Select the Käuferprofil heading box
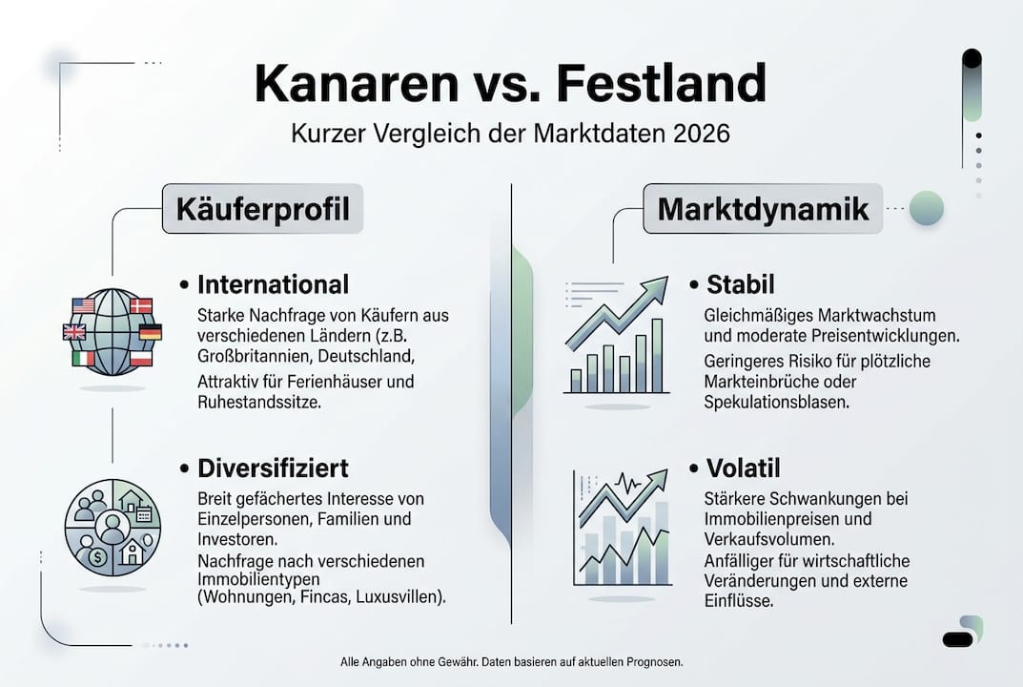pyautogui.click(x=262, y=209)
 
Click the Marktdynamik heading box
pyautogui.click(x=763, y=209)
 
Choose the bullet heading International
pyautogui.click(x=273, y=284)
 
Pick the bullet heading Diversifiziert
pyautogui.click(x=273, y=468)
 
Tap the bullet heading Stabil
pyautogui.click(x=740, y=284)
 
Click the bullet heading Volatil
pyautogui.click(x=743, y=468)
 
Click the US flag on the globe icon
pyautogui.click(x=84, y=305)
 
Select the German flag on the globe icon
pyautogui.click(x=150, y=332)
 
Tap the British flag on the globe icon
pyautogui.click(x=74, y=332)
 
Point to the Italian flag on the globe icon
pyautogui.click(x=84, y=358)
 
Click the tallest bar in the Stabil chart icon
pyautogui.click(x=656, y=355)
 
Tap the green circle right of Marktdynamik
pyautogui.click(x=926, y=208)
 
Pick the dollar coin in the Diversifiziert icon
pyautogui.click(x=93, y=556)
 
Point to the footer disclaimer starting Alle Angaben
pyautogui.click(x=511, y=661)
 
